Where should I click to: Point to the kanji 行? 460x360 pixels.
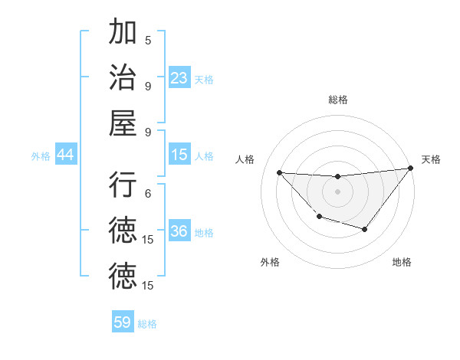pos(123,185)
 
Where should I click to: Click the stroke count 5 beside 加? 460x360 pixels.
pos(148,40)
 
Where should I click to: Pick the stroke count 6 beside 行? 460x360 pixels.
pos(148,195)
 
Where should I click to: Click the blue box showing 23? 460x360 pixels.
pos(179,77)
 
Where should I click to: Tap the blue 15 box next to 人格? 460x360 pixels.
pos(179,155)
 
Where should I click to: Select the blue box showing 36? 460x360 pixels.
pos(179,231)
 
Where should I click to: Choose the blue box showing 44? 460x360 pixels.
pos(66,155)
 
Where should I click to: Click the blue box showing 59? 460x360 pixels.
pos(123,322)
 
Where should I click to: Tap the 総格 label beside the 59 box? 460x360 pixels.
pos(147,324)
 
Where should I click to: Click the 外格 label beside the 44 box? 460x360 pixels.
pos(41,156)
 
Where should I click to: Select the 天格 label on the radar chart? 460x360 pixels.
pos(431,159)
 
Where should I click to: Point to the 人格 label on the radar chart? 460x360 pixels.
pos(245,159)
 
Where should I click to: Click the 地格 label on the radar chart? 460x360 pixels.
pos(402,262)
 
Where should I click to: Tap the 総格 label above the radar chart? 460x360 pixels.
pos(338,100)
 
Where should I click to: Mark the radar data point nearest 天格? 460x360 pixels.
pos(411,169)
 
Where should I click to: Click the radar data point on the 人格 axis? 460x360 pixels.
pos(279,172)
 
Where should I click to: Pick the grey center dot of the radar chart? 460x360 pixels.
pos(337,191)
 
